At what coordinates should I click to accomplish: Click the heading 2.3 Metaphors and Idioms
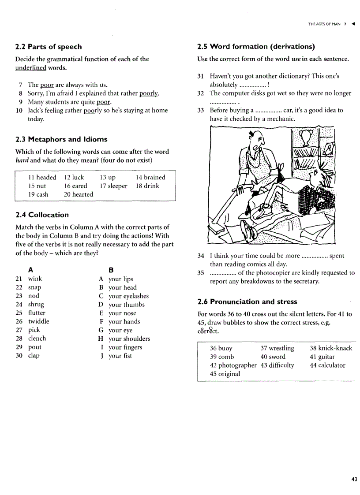coord(61,139)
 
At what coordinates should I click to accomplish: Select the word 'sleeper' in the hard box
coord(117,186)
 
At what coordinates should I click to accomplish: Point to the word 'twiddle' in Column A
coord(38,321)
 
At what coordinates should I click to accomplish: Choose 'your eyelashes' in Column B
coord(128,296)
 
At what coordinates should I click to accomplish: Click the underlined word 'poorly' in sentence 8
coord(149,93)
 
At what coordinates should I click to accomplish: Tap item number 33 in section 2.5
coord(201,110)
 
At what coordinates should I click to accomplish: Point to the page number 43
coord(354,479)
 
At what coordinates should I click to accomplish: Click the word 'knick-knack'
coord(335,348)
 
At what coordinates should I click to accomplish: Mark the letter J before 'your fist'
coord(101,356)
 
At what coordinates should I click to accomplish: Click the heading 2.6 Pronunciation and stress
coord(247,302)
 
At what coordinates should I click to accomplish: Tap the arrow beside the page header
coord(353,24)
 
